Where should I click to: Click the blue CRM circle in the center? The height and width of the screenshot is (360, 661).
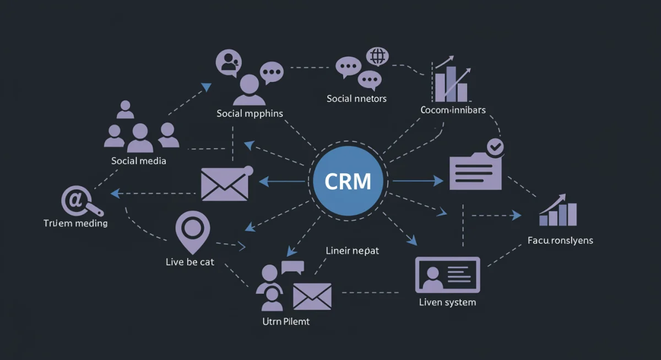pos(348,181)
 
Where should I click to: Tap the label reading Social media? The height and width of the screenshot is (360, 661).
pos(138,161)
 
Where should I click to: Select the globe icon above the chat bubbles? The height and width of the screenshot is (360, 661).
pos(377,56)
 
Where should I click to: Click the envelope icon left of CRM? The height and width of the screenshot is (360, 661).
pos(225,184)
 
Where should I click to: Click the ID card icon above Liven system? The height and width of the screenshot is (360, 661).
pos(447,275)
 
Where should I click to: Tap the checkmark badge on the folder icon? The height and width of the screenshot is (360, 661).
pos(495,146)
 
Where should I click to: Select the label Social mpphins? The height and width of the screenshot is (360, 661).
pos(250,113)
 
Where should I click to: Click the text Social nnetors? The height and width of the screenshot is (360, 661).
pos(356,99)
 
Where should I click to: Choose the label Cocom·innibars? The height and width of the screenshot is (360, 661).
pos(453,110)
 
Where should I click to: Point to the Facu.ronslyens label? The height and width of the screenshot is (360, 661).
pos(560,241)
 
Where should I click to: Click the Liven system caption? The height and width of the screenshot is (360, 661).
pos(447,302)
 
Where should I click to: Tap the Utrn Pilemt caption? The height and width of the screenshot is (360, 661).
pos(286,321)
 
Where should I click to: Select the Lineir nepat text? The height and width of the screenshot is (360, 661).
pos(353,250)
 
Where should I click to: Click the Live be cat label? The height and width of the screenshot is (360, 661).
pos(189,262)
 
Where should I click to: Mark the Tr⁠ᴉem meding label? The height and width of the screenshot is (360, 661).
pos(75,223)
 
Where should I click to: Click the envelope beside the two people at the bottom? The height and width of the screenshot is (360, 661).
pos(312,296)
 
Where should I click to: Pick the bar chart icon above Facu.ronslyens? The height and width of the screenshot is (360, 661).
pos(558,211)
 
